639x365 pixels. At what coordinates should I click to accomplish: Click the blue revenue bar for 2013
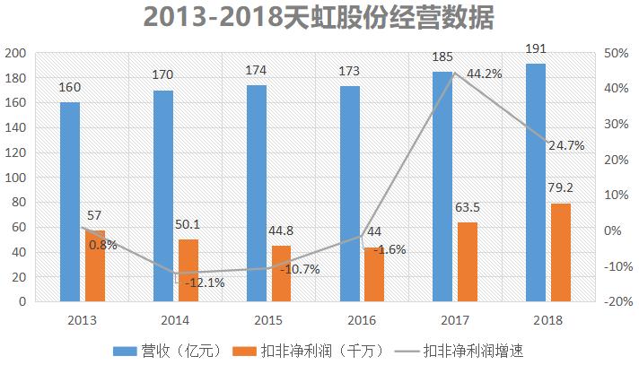[x=70, y=202]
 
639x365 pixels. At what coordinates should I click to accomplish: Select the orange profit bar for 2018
[x=560, y=252]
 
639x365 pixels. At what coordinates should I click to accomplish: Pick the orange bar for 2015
[x=281, y=274]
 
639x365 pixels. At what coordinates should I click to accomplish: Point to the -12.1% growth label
[x=205, y=282]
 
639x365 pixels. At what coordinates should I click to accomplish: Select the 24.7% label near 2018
[x=565, y=144]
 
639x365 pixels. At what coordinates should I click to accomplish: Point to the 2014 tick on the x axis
[x=174, y=318]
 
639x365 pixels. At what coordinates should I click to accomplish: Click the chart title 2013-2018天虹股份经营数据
[x=319, y=19]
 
